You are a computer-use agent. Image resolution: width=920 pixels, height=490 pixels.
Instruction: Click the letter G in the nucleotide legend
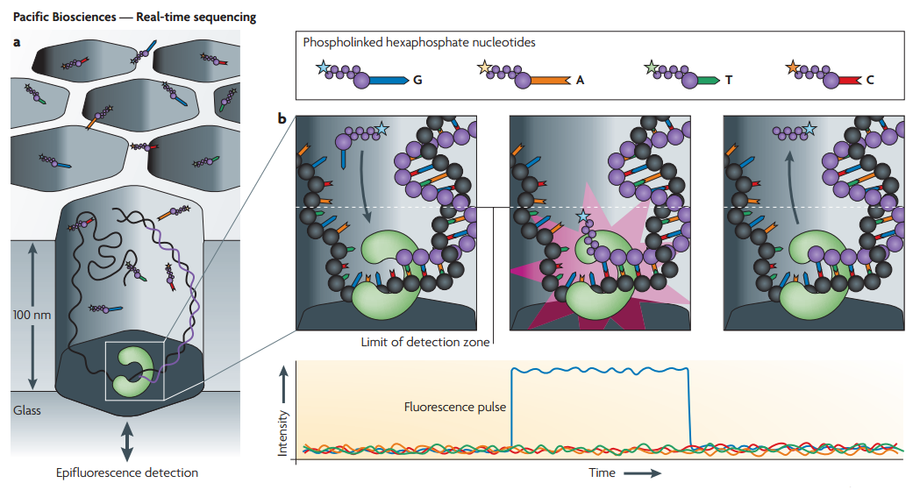tap(417, 80)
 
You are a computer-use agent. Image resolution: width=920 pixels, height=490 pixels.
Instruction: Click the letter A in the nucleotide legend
tap(580, 80)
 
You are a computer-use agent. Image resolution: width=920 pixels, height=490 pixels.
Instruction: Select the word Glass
tap(26, 409)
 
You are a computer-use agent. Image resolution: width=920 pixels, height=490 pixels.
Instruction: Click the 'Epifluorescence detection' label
tap(127, 473)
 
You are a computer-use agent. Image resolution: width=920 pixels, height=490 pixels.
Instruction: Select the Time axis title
tap(601, 473)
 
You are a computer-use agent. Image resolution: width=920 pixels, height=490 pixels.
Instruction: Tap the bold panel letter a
tap(17, 40)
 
